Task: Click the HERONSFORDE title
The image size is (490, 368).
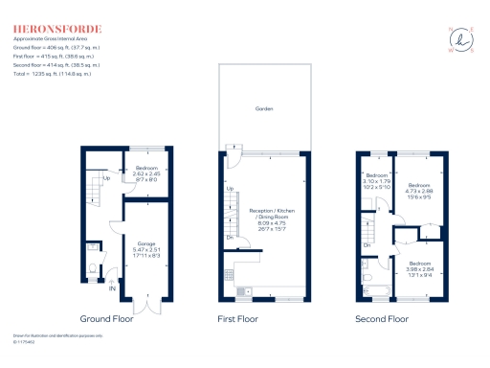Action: pos(56,29)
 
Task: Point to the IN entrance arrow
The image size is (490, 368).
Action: pos(111,287)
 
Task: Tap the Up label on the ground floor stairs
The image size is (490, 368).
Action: pos(105,178)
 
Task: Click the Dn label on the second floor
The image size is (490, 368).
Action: pos(367,246)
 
